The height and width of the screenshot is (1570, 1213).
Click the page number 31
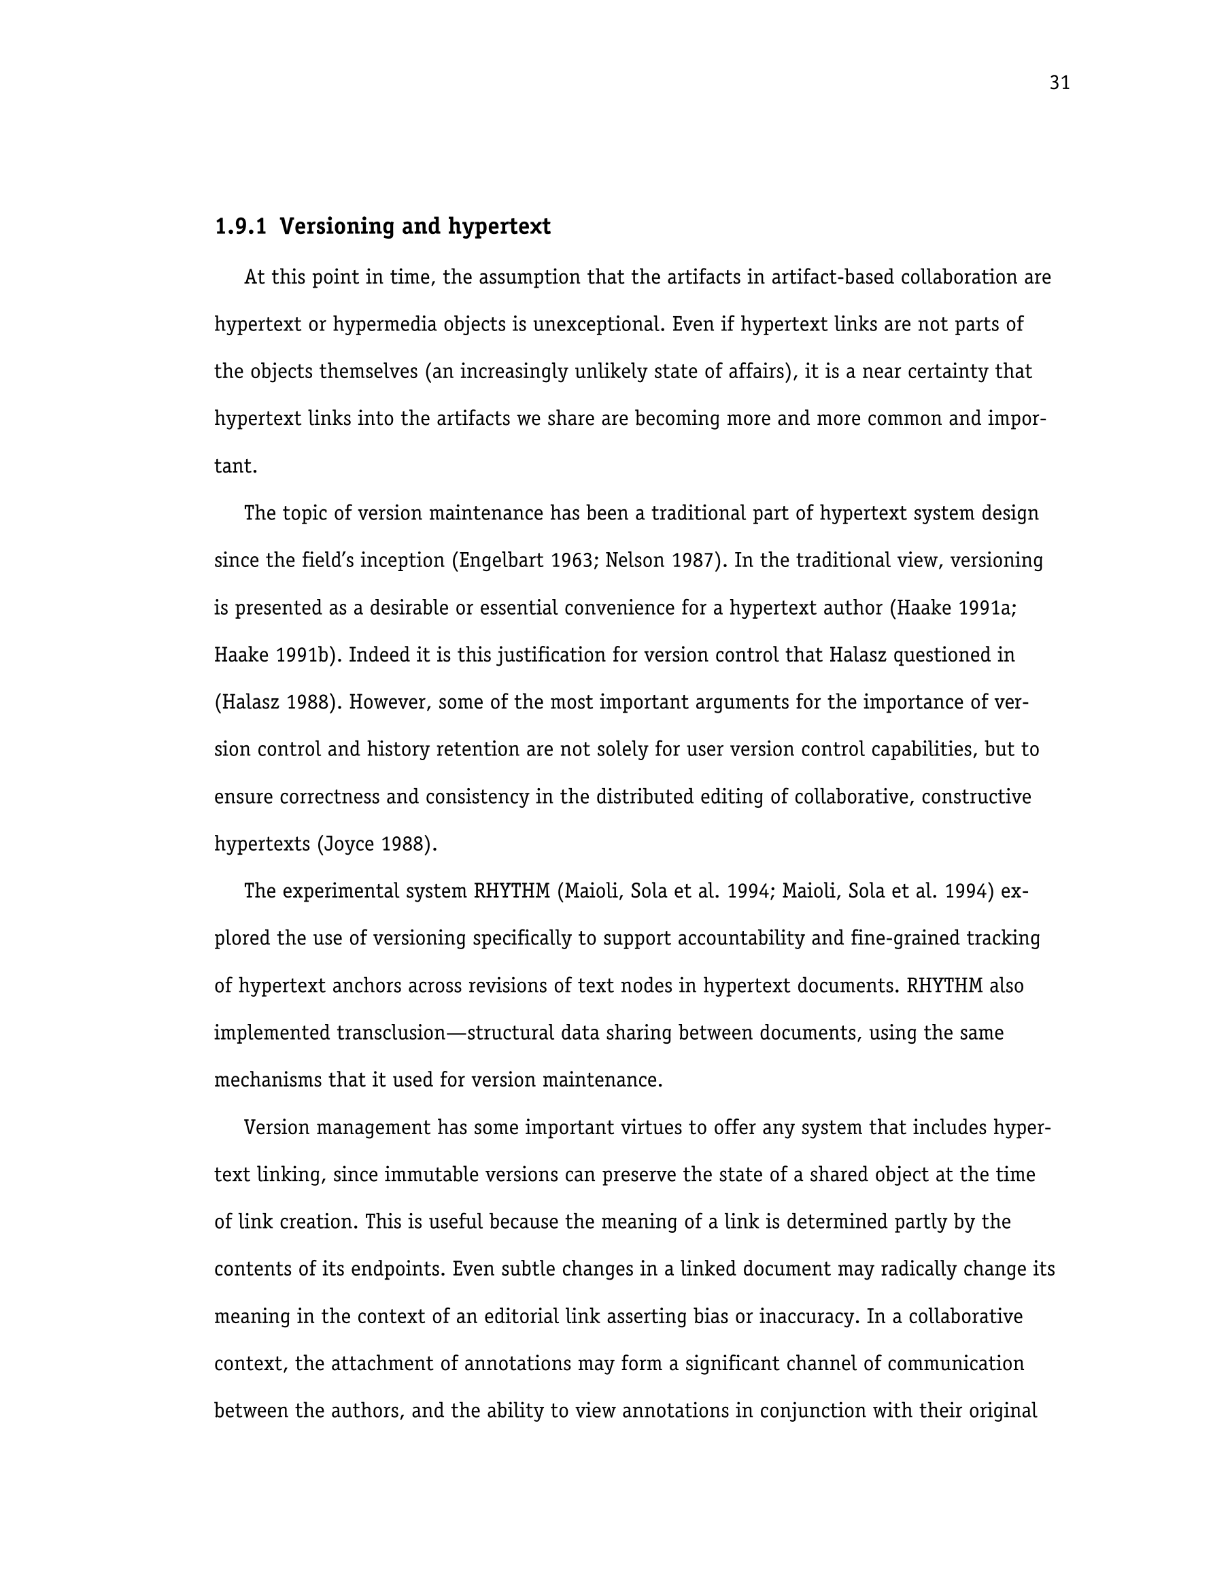[x=1059, y=84]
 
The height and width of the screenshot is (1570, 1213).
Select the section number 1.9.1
[x=240, y=226]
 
